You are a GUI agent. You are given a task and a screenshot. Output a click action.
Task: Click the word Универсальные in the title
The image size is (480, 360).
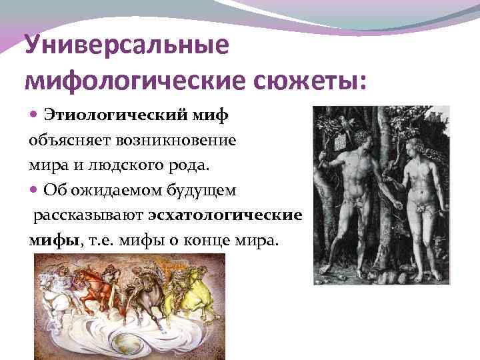point(126,47)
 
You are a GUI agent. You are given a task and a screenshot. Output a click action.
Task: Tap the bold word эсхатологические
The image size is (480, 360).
point(226,216)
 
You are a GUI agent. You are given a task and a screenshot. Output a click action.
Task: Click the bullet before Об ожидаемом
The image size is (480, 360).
point(35,191)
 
